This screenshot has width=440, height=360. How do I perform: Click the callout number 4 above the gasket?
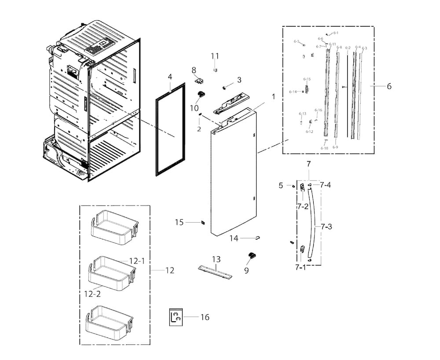coord(170,77)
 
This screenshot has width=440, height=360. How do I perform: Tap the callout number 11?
coord(214,56)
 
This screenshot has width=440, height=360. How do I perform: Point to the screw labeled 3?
coord(224,88)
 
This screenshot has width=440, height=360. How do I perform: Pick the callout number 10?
coord(194,107)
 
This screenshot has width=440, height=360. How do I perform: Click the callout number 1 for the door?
coord(273,96)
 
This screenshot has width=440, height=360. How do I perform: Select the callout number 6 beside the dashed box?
coord(389,87)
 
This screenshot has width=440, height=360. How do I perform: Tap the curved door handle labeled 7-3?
coord(312,224)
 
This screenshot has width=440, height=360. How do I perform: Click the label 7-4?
coord(326,185)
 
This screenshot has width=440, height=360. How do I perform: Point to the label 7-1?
coord(301,267)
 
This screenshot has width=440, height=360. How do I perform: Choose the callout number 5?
coord(281,185)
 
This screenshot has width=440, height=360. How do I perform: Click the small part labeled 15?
coord(203,222)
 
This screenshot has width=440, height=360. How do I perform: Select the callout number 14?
coord(234,238)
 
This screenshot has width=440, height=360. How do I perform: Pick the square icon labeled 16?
coord(176,317)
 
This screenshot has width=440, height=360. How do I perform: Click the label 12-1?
coord(136,261)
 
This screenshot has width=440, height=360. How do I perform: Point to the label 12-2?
coord(92,293)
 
